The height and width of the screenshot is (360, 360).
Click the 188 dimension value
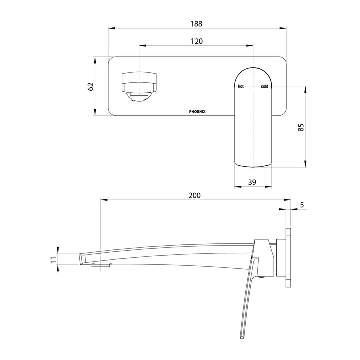196,24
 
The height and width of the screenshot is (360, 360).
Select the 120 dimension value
197,41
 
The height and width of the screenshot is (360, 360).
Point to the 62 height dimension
91,86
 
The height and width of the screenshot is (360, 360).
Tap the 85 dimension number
301,127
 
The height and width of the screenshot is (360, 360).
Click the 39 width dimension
252,182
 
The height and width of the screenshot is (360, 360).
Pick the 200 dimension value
194,195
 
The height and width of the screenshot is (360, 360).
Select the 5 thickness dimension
302,205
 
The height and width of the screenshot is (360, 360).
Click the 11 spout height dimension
53,260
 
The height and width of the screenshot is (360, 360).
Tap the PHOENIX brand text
197,112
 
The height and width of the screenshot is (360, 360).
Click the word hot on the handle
241,86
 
